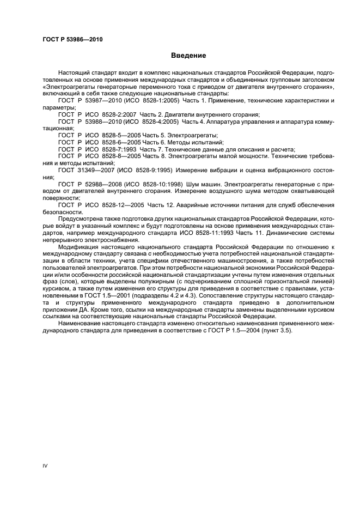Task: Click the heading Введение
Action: pyautogui.click(x=188, y=55)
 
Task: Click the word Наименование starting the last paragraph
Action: pyautogui.click(x=80, y=324)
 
